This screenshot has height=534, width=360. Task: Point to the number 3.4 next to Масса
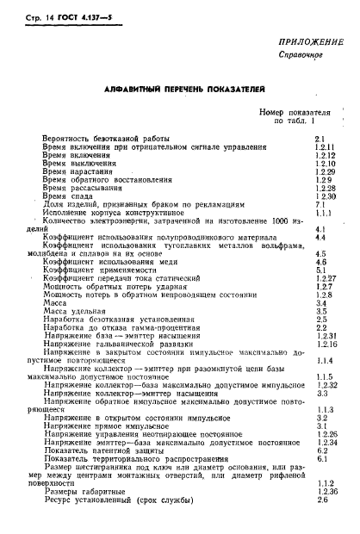tap(319, 303)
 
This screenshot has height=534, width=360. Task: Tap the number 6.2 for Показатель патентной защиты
tap(319, 450)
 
